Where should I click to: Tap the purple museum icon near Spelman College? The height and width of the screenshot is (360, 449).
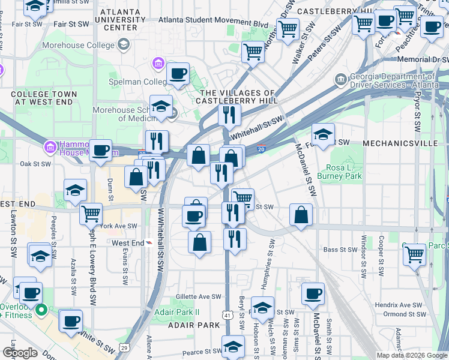(x=158, y=63)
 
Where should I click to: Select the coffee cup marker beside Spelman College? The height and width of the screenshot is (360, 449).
(x=178, y=74)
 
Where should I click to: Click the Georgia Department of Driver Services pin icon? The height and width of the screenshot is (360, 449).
(x=340, y=79)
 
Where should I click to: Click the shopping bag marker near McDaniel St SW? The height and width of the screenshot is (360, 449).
(x=301, y=215)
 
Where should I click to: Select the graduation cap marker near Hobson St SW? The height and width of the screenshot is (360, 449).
(x=262, y=308)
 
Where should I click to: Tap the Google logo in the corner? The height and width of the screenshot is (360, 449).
(x=20, y=353)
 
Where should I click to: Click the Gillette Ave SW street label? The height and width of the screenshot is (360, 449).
(x=199, y=297)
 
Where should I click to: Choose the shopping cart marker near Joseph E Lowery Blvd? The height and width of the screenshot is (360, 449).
(x=91, y=213)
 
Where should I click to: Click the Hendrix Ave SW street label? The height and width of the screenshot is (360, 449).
(x=399, y=305)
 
